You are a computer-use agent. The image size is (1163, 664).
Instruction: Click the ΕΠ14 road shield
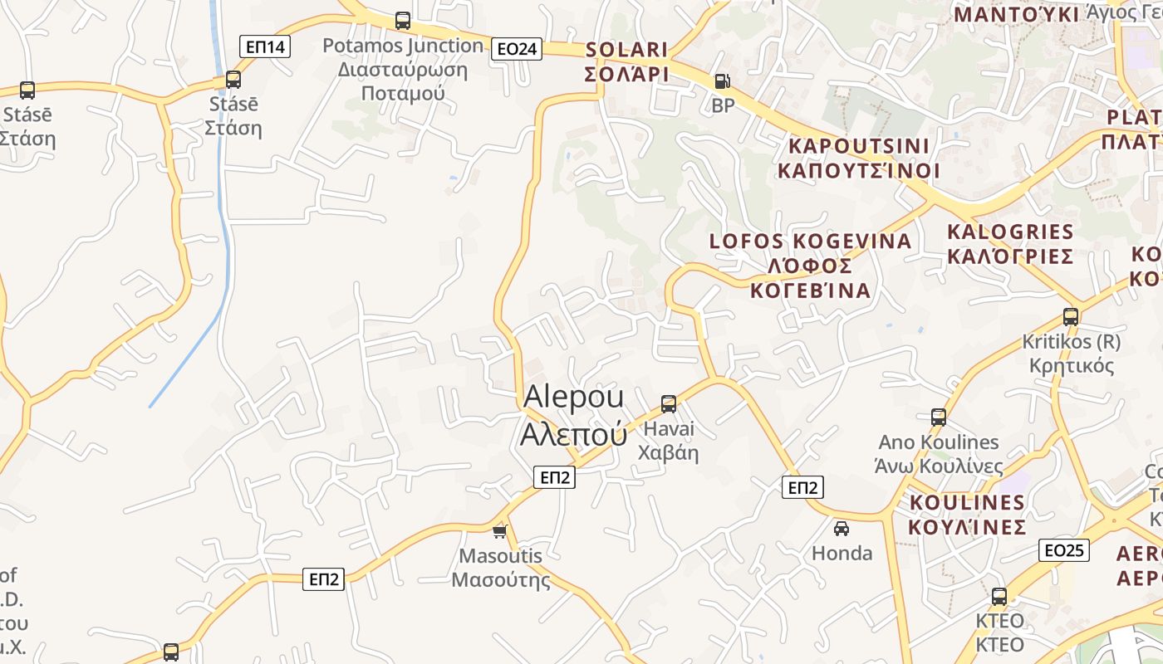tap(266, 46)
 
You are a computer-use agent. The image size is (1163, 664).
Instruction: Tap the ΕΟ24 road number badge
tap(517, 49)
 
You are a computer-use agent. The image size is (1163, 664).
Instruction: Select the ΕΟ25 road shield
tap(1064, 549)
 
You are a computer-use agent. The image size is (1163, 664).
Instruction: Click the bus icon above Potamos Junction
tap(403, 21)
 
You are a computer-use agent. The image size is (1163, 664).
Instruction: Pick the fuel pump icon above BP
tap(723, 81)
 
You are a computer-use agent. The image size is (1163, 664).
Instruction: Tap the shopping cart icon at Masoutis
tap(499, 531)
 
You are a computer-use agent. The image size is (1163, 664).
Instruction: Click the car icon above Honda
tap(842, 528)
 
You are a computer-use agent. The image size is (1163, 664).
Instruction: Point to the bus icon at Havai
tap(669, 404)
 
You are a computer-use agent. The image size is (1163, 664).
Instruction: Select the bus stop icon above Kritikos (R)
tap(1071, 316)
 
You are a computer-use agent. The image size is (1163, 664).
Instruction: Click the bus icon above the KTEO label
tap(999, 596)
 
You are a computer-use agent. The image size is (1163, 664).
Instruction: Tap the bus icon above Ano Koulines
tap(939, 417)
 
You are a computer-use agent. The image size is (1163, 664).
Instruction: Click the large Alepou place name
tap(573, 415)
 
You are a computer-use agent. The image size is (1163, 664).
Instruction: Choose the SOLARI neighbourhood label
tap(627, 61)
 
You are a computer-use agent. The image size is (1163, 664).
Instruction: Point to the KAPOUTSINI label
tap(859, 158)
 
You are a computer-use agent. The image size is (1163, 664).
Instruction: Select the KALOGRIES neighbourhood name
tap(1010, 243)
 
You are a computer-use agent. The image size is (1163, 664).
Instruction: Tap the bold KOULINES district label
tap(967, 515)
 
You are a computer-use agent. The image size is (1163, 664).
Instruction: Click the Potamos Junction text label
tap(403, 70)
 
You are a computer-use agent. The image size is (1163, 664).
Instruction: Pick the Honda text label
tap(842, 553)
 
